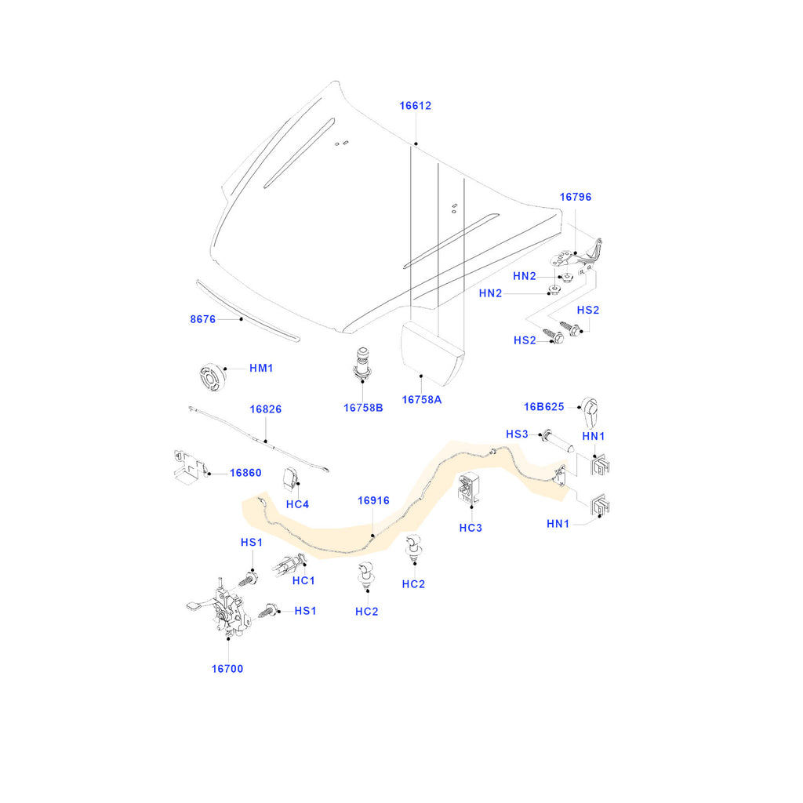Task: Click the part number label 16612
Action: (415, 106)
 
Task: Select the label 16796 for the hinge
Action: (575, 198)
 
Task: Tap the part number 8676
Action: (202, 319)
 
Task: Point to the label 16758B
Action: (363, 407)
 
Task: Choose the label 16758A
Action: (422, 400)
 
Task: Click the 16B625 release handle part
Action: (590, 409)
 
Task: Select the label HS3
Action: (518, 434)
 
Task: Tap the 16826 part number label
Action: (266, 409)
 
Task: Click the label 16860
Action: (245, 473)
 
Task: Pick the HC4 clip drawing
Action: (292, 477)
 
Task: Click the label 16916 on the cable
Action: (373, 500)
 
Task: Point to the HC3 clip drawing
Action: (469, 489)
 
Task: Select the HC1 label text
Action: (303, 580)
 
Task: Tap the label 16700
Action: (227, 669)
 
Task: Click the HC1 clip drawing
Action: (287, 564)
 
